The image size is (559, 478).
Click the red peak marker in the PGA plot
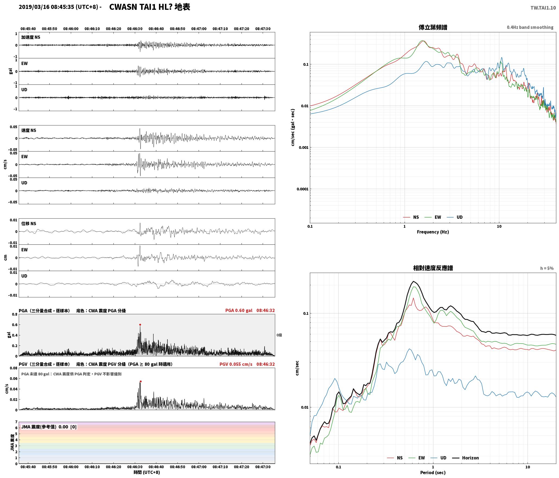140,325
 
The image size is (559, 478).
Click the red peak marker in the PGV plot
141,381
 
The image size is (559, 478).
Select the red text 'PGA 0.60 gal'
239,310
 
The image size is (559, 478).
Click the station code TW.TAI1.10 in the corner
543,8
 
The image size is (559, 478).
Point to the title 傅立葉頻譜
433,27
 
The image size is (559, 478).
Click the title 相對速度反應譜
433,268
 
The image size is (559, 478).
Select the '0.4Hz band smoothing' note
530,27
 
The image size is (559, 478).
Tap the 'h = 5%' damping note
547,268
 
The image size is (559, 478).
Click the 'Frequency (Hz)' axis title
433,232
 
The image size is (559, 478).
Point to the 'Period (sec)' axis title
433,473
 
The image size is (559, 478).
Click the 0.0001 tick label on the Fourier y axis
303,189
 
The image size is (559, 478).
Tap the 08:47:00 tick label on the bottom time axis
199,467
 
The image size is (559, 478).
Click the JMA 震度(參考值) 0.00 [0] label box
49,427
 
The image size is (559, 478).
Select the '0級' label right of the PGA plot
279,335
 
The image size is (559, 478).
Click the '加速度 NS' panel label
31,37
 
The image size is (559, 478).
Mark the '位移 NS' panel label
29,224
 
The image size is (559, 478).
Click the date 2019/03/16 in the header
34,7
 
